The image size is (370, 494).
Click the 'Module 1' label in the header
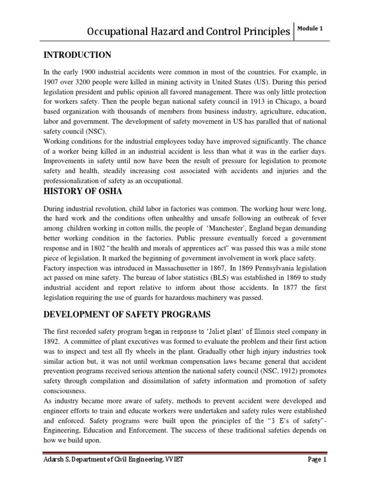311,28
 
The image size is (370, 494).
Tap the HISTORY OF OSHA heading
83,191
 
